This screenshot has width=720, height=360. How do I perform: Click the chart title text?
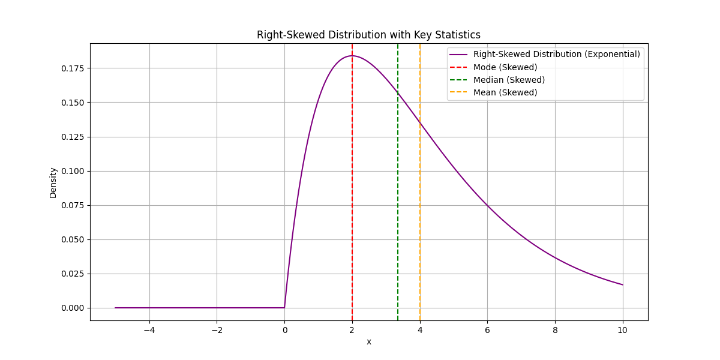pos(368,35)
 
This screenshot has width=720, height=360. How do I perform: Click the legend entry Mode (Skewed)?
pos(505,67)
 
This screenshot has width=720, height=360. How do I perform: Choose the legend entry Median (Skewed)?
pos(509,80)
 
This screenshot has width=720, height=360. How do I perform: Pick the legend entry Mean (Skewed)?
pos(505,92)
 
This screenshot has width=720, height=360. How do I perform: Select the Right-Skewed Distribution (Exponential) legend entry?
pos(556,54)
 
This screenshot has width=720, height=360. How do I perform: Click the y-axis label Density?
pos(53,182)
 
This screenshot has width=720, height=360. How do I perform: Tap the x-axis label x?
pos(369,341)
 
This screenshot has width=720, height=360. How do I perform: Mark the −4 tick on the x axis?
pos(149,329)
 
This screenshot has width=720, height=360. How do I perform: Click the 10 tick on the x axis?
pos(623,329)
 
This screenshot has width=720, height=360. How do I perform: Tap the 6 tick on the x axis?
pos(487,329)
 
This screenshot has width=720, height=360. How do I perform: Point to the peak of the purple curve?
pos(352,56)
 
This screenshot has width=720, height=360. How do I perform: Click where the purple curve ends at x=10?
pos(623,284)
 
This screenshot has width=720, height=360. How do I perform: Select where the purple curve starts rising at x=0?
pos(284,307)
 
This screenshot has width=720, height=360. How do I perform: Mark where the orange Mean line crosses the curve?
pos(420,123)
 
